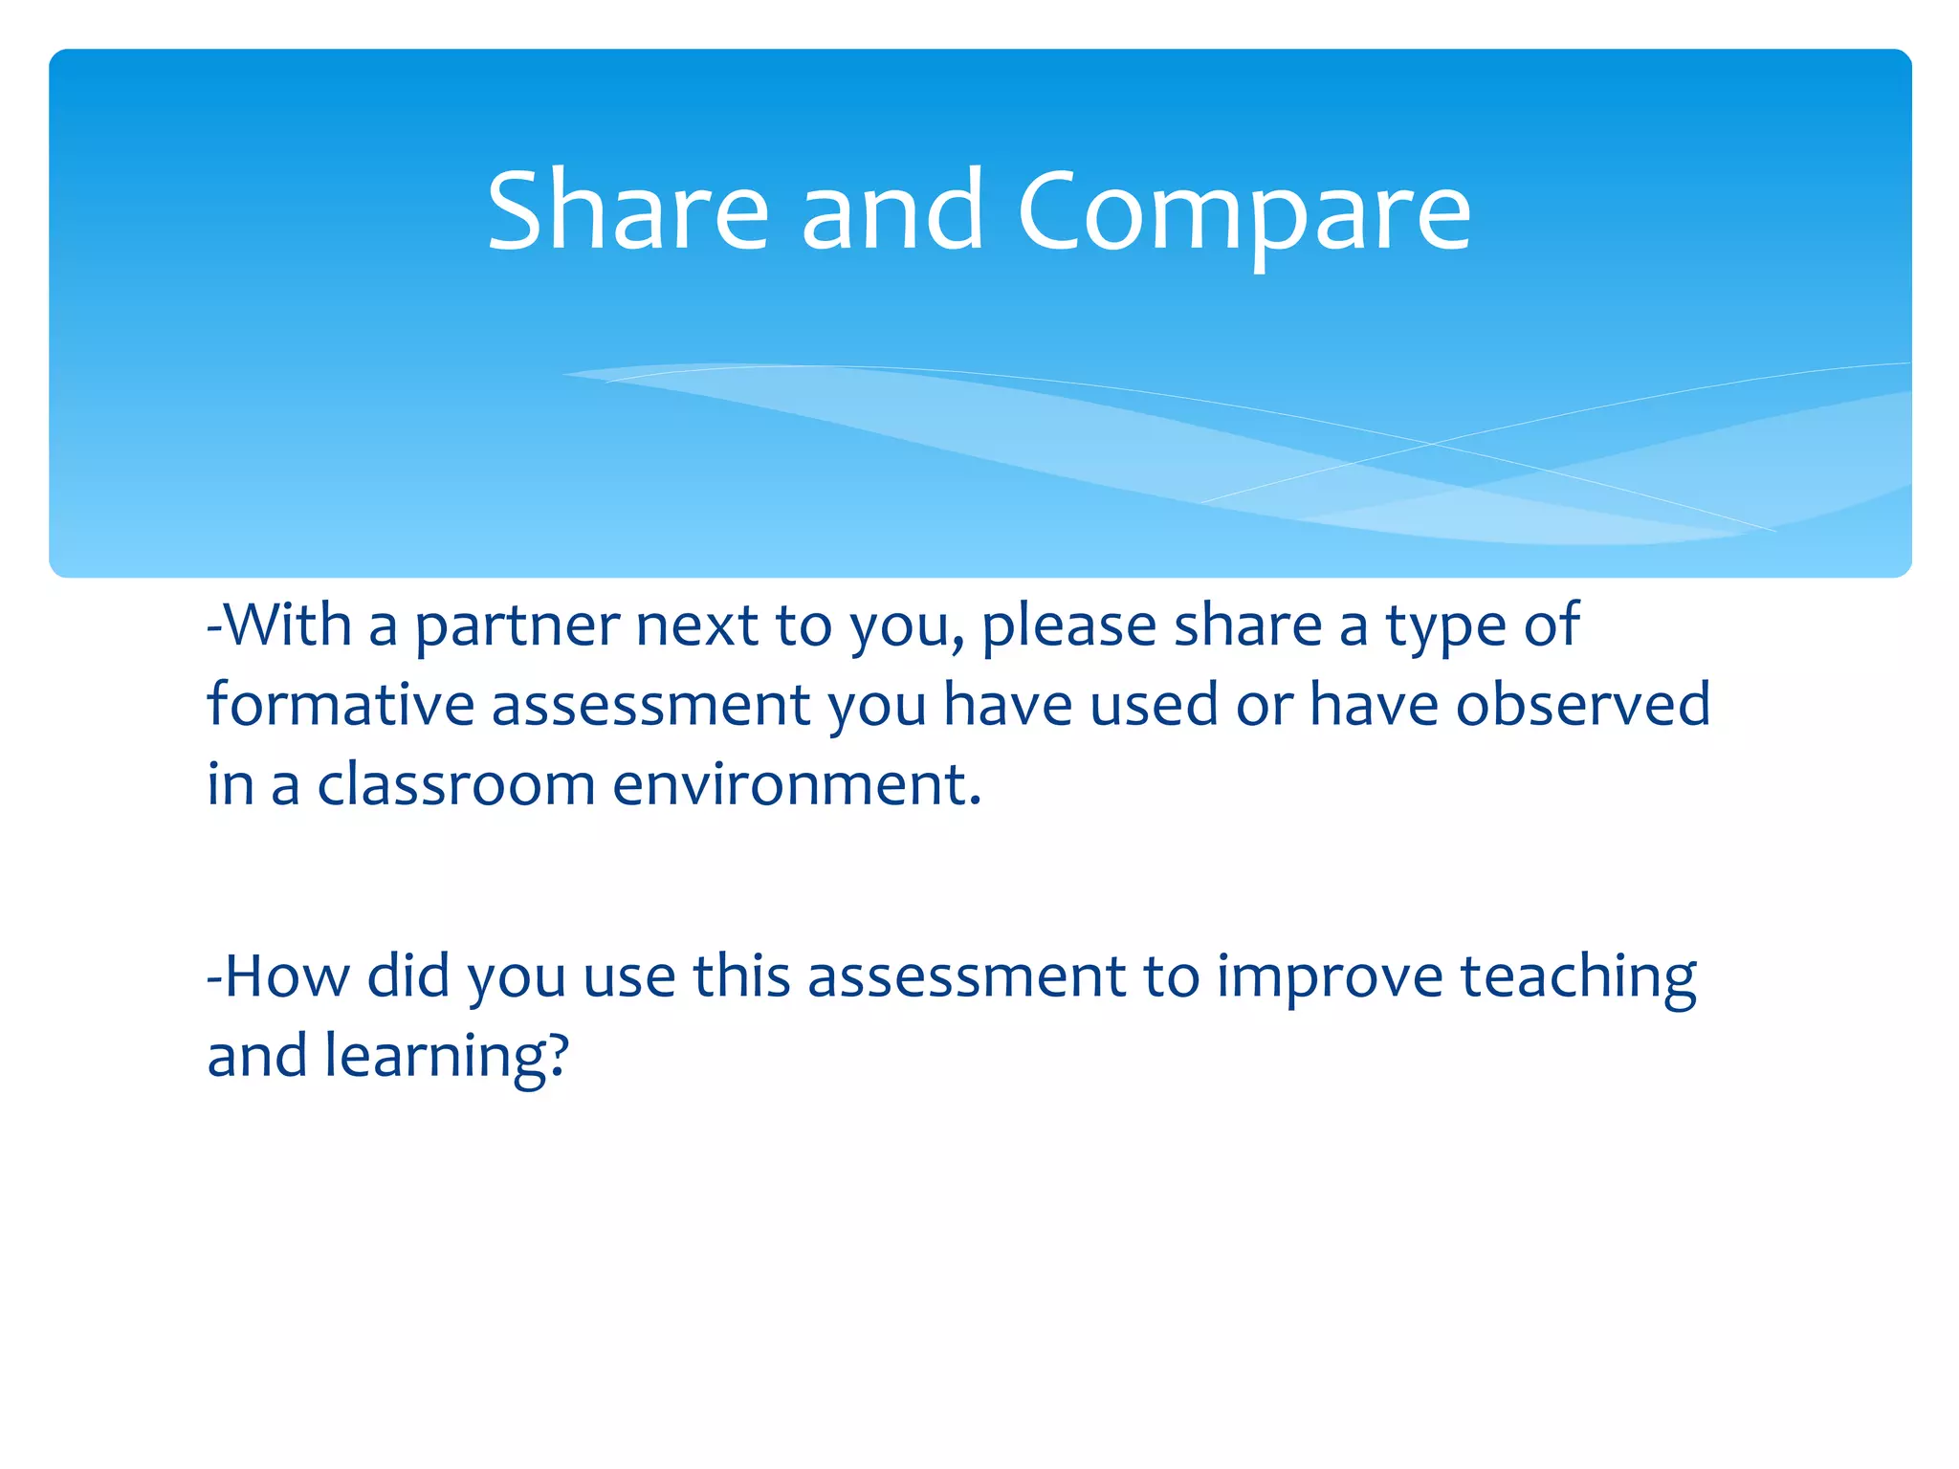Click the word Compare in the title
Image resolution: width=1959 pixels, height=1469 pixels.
tap(1243, 212)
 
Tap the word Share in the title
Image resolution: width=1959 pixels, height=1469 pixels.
tap(627, 212)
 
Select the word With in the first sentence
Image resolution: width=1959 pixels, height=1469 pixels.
tap(287, 625)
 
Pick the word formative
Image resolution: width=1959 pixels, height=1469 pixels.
tap(341, 705)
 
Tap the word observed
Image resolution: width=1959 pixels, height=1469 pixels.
tap(1582, 705)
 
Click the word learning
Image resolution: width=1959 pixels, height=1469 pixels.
tap(436, 1058)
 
